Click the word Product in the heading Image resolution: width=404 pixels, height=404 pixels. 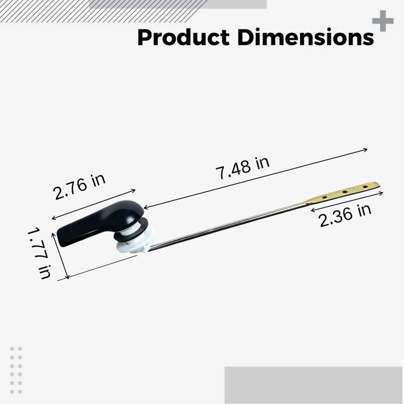[x=183, y=37]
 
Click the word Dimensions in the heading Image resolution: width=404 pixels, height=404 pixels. [x=306, y=37]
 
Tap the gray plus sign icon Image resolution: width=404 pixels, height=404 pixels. [x=383, y=21]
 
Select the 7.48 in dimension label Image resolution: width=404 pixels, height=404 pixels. [x=242, y=168]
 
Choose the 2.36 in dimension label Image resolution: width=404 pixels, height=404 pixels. [x=345, y=215]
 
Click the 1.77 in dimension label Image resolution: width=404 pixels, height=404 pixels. [x=39, y=253]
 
